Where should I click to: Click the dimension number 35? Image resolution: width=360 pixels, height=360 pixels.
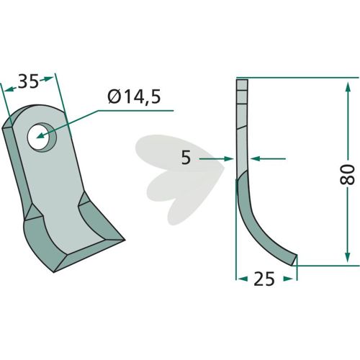(28, 81)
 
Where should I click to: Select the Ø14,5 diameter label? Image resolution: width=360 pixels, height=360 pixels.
(134, 97)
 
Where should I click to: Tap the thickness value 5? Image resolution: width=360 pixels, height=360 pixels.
(186, 158)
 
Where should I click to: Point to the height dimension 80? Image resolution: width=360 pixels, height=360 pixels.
(348, 174)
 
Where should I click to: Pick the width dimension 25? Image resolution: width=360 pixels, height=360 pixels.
(264, 279)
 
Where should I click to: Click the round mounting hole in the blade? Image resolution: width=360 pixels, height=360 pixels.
(39, 138)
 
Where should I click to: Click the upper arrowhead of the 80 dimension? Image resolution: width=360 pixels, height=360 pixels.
(347, 88)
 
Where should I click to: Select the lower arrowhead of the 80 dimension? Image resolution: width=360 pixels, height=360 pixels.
(347, 256)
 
